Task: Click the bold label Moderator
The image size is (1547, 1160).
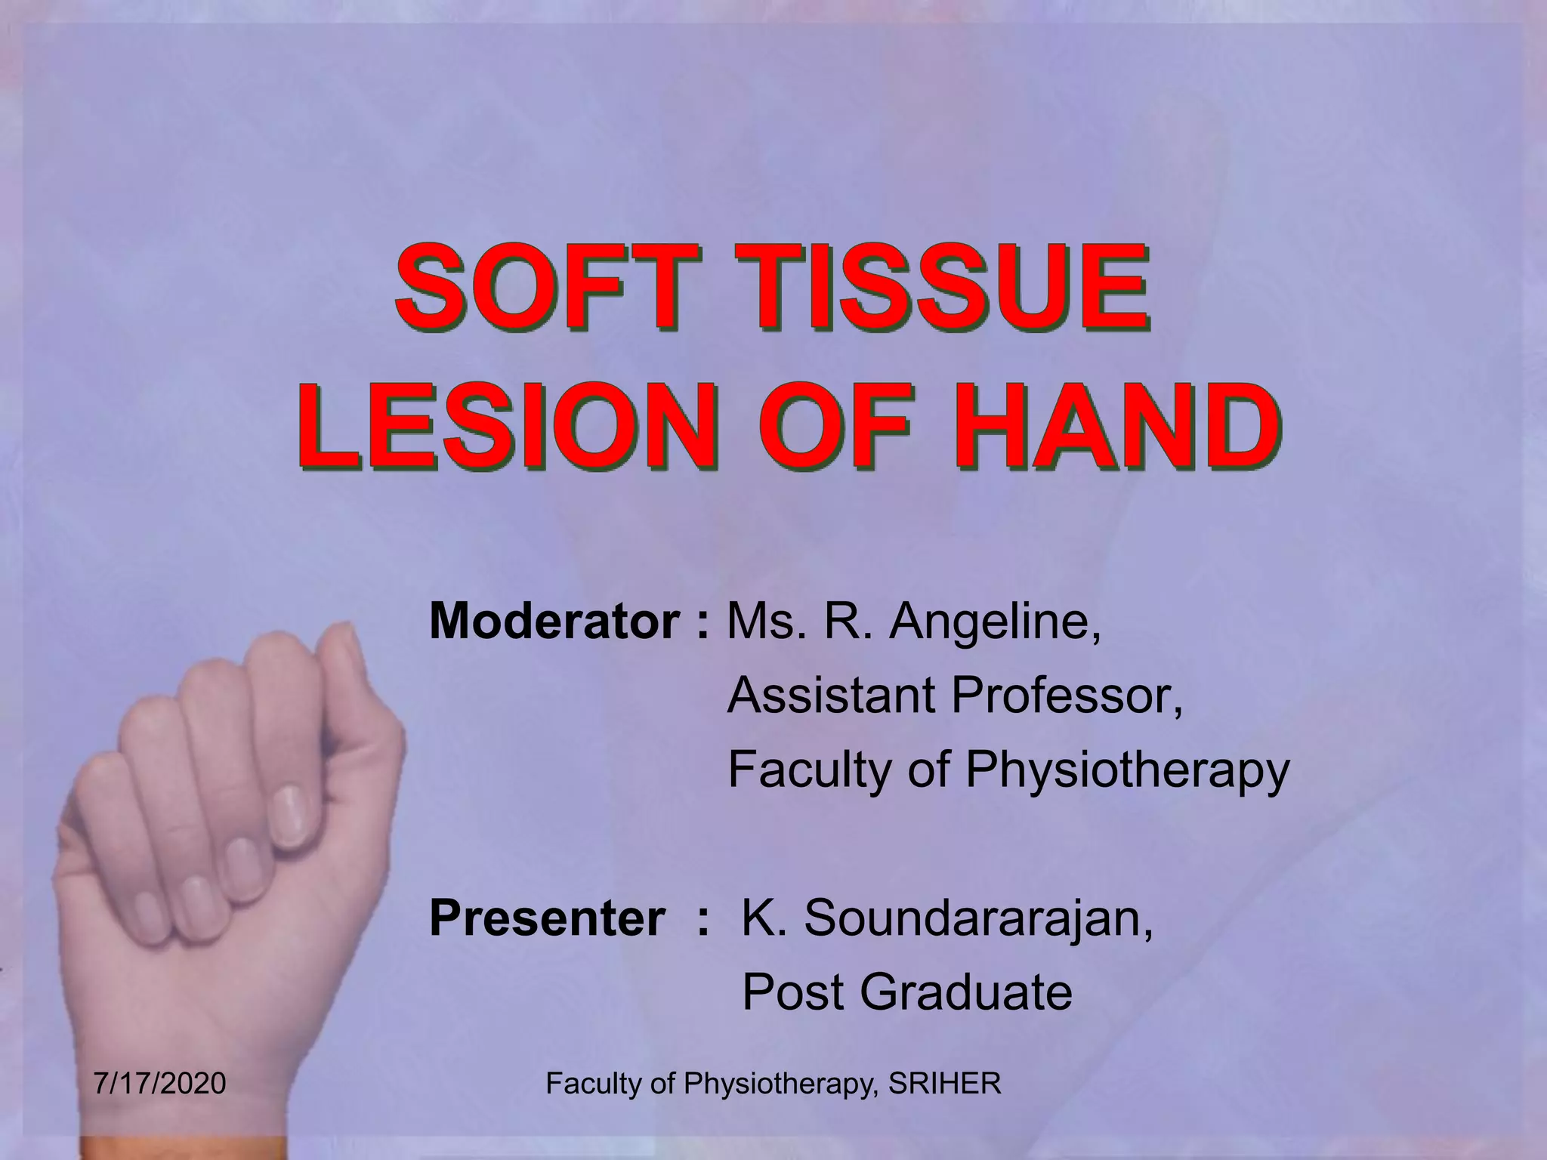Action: pyautogui.click(x=554, y=622)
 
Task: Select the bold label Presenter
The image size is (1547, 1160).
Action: pyautogui.click(x=548, y=918)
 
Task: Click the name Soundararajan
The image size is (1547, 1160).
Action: pyautogui.click(x=978, y=918)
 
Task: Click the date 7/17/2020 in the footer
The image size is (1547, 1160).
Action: pyautogui.click(x=160, y=1084)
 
